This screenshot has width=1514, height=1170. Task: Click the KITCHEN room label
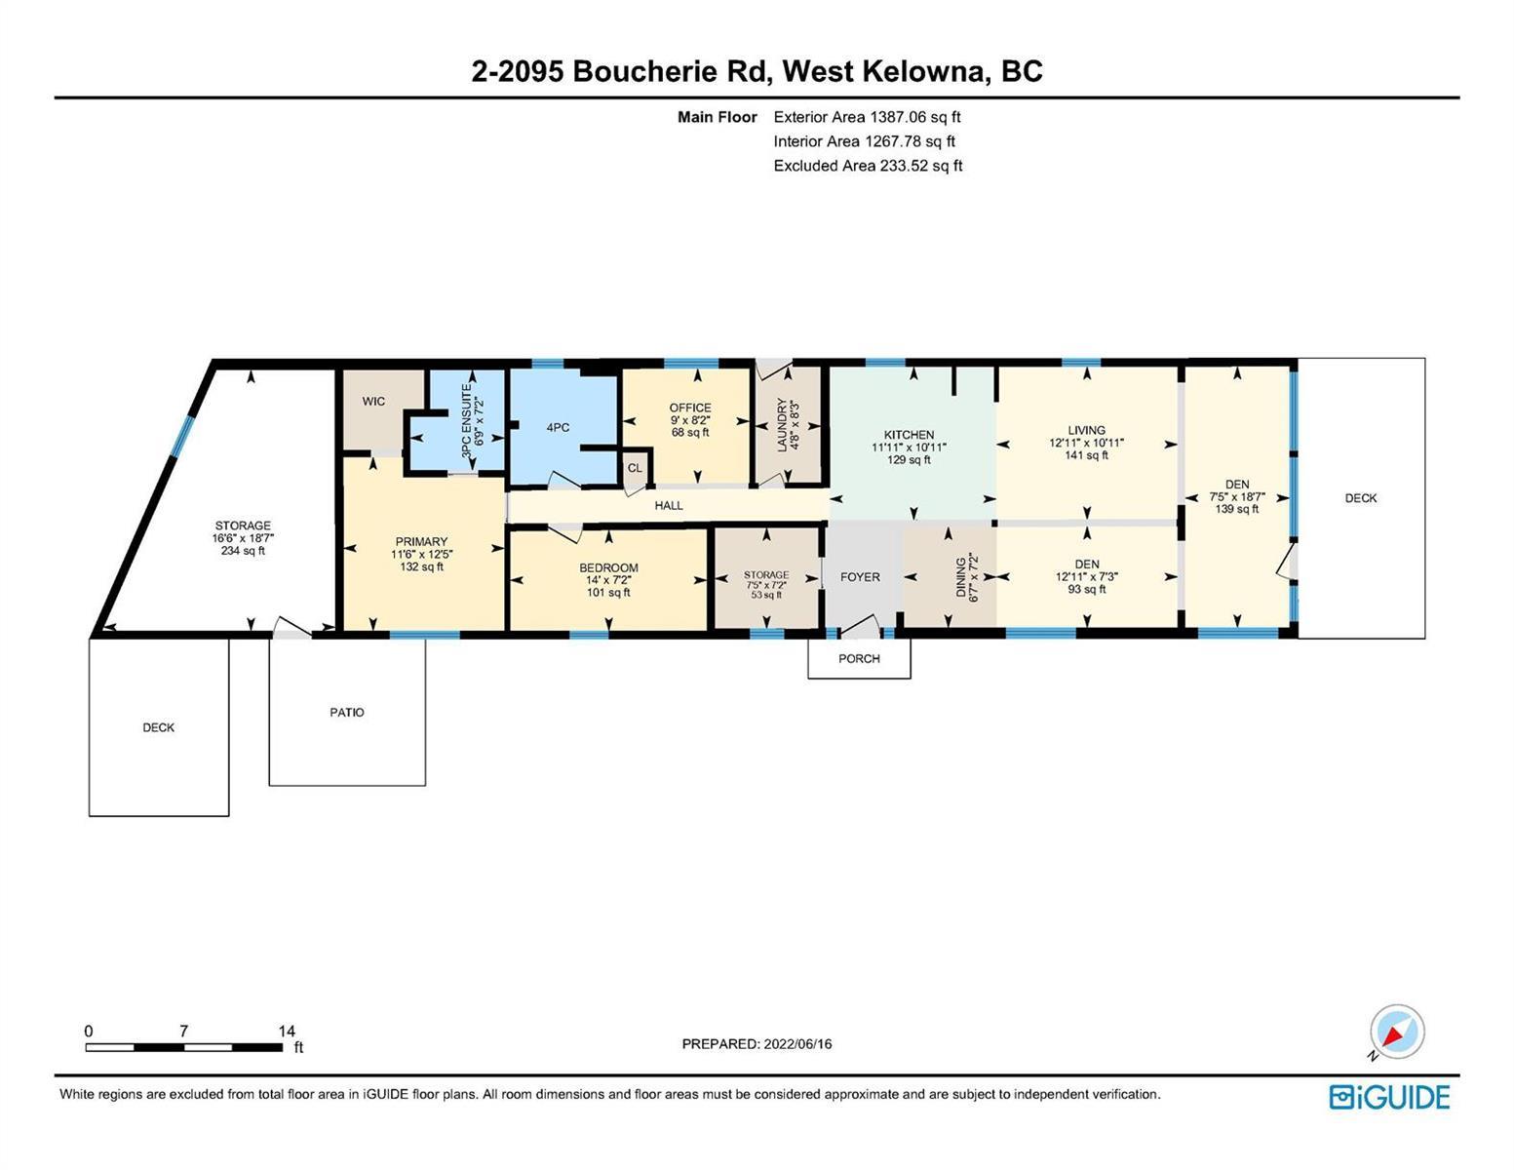pos(909,435)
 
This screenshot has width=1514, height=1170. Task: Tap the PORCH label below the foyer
pos(859,658)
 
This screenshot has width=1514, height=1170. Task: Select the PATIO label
pos(347,712)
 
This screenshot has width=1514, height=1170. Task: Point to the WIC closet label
pos(373,402)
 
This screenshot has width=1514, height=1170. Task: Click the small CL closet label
pos(635,468)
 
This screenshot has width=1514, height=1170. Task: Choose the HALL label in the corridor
pos(669,505)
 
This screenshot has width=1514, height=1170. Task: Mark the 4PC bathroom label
pos(558,428)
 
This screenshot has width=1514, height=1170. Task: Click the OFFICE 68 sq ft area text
pos(690,433)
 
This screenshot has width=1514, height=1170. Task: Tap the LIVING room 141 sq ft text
pos(1086,455)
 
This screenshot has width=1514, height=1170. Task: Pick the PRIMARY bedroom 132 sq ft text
pos(421,567)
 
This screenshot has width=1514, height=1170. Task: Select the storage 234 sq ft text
pos(243,551)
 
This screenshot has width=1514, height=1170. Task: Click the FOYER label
pos(860,577)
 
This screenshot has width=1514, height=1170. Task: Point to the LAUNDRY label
pos(782,425)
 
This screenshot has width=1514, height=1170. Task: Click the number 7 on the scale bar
pos(184,1031)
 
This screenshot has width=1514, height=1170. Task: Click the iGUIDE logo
pos(1389,1097)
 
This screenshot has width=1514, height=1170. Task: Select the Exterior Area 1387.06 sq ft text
pos(867,117)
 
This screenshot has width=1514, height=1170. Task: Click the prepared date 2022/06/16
pos(797,1044)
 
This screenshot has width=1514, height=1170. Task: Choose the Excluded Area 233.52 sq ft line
pos(868,166)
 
